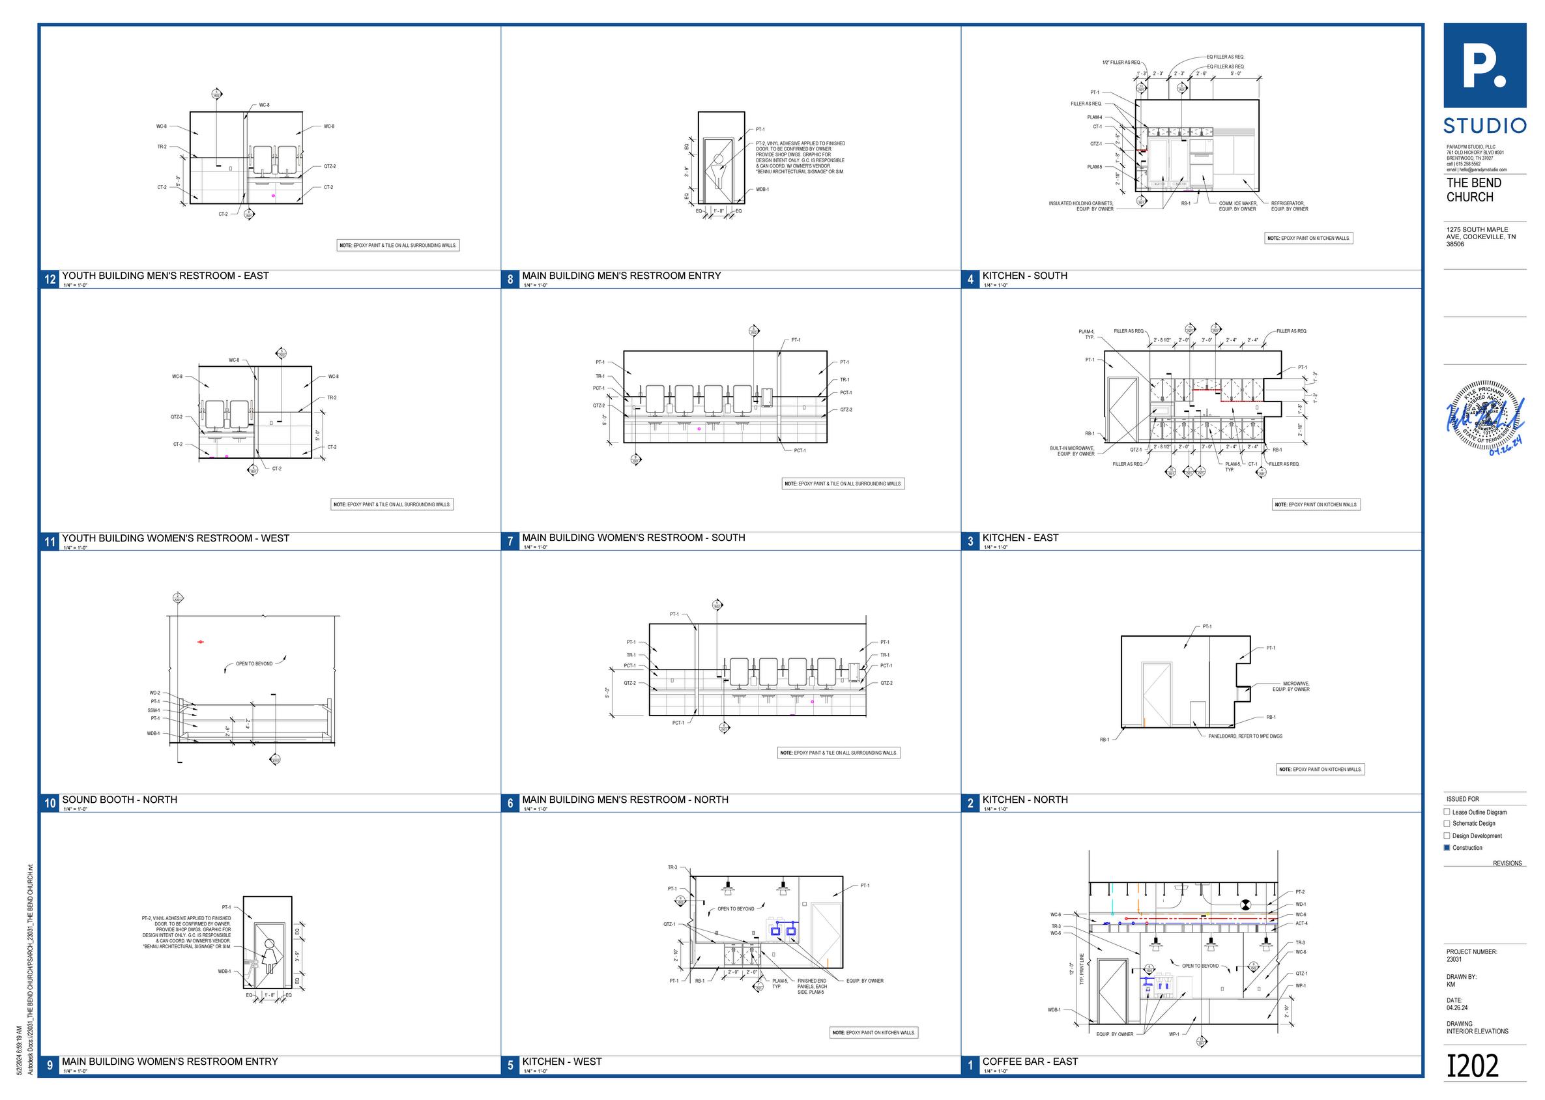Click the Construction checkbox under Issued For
pyautogui.click(x=1447, y=847)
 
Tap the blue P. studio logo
pyautogui.click(x=1484, y=66)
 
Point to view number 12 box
pyautogui.click(x=50, y=279)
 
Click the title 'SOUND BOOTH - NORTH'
pyautogui.click(x=120, y=800)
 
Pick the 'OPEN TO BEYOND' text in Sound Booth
pyautogui.click(x=254, y=664)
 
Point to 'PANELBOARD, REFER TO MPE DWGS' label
pyautogui.click(x=1245, y=736)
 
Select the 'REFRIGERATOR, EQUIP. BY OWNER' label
pyautogui.click(x=1289, y=206)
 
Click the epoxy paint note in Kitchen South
pyautogui.click(x=1308, y=239)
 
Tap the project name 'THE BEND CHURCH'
pyautogui.click(x=1474, y=190)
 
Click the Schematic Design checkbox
pyautogui.click(x=1447, y=824)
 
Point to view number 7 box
pyautogui.click(x=510, y=541)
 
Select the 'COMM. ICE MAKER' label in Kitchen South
pyautogui.click(x=1237, y=206)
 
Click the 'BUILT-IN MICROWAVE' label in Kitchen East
pyautogui.click(x=1071, y=450)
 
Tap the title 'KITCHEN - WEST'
pyautogui.click(x=562, y=1062)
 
